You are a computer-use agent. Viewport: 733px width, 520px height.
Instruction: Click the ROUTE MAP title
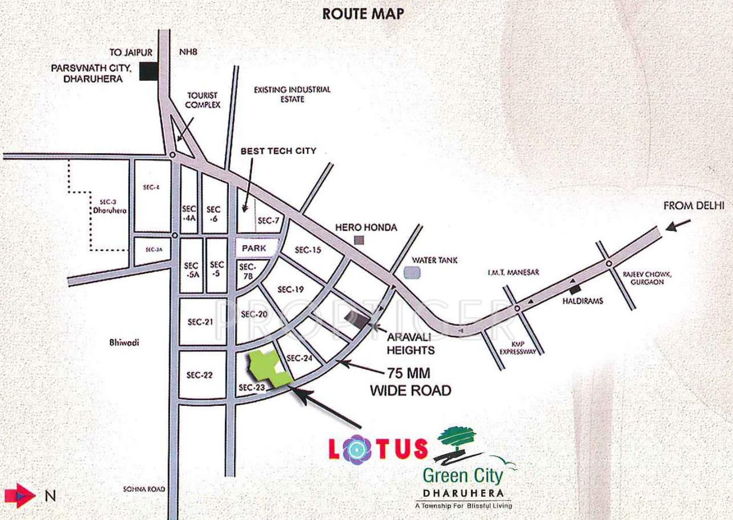tap(363, 14)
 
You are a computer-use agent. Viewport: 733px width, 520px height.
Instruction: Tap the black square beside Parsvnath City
tap(148, 72)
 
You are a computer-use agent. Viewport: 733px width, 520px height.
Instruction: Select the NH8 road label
tap(188, 52)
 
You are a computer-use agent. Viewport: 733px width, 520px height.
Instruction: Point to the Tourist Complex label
tap(203, 100)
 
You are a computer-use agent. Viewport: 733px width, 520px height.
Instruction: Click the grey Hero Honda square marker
tap(359, 240)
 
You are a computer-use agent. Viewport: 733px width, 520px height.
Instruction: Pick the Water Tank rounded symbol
tap(412, 273)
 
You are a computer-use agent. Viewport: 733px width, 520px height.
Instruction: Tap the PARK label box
tap(254, 248)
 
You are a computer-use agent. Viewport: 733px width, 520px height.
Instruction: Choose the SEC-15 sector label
tap(308, 250)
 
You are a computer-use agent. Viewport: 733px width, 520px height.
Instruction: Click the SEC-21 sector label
tap(201, 322)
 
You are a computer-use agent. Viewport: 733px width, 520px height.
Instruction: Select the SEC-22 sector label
tap(199, 375)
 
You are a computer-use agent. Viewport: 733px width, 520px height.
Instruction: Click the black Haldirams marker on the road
tap(575, 289)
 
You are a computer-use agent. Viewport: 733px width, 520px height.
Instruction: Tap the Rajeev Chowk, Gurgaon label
tap(647, 278)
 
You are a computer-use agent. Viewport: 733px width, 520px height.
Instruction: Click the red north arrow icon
tap(19, 495)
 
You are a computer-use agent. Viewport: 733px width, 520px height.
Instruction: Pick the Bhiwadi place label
tap(124, 343)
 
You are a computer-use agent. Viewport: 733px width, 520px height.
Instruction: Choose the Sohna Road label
tap(144, 489)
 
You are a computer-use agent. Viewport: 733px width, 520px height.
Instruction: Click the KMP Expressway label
tap(518, 348)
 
